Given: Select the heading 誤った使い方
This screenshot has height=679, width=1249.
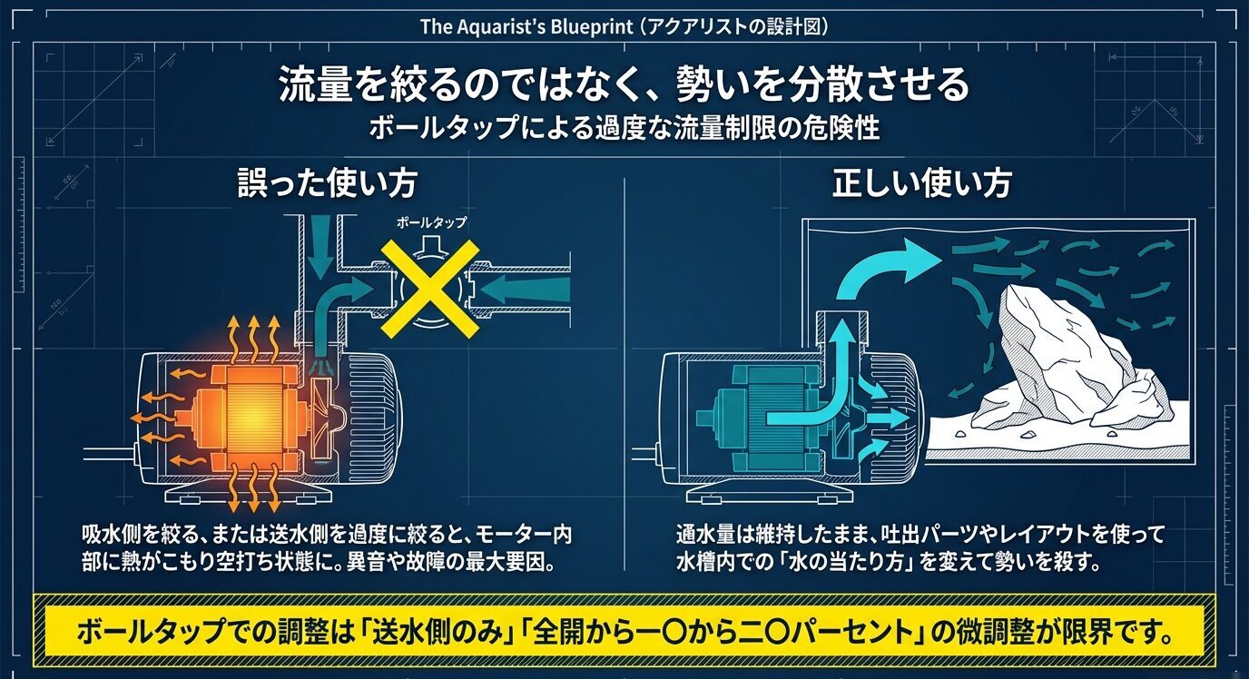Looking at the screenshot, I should pos(327,184).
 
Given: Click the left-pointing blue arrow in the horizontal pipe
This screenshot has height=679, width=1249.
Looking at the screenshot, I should pos(526,292).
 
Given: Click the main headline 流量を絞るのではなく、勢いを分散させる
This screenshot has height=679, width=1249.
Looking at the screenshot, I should pos(624,86).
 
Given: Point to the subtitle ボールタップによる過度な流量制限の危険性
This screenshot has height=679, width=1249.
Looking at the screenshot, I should pos(624,128).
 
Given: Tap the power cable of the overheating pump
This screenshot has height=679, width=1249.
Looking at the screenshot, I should pos(109,451).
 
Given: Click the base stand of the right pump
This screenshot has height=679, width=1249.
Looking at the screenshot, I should pos(772,493).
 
